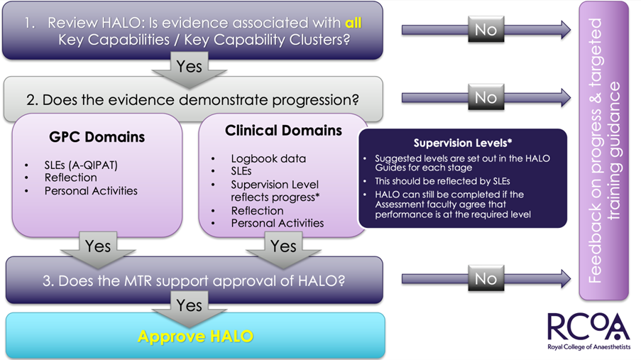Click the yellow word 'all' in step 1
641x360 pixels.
pos(354,23)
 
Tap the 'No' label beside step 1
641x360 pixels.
pos(486,29)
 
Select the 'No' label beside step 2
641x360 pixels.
pos(486,97)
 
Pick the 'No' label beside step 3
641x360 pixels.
pos(486,278)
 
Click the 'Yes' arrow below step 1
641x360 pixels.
pos(190,70)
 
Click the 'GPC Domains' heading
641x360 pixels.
pos(97,136)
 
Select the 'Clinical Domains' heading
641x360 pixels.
pos(283,130)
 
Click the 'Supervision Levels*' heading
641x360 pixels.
pos(463,143)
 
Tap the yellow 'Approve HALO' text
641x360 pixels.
pos(195,337)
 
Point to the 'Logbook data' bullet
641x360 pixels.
pos(268,158)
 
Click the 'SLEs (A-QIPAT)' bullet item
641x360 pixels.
pos(81,165)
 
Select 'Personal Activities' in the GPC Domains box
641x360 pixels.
pos(91,190)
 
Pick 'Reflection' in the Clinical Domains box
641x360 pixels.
pos(257,210)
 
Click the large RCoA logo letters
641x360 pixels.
pos(588,327)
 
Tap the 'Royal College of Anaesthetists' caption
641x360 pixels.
pos(589,347)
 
